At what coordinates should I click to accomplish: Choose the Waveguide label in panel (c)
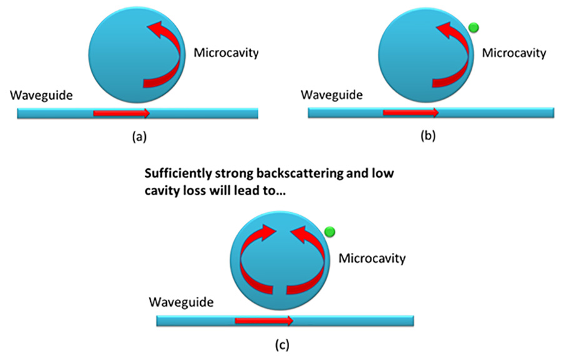coord(181,303)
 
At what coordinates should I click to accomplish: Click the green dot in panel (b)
coord(474,27)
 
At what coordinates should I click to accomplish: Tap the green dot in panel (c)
coord(330,232)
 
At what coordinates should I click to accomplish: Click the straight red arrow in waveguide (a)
coord(121,113)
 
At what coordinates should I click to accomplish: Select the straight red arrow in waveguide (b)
coord(410,113)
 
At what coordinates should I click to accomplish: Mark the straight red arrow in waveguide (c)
coord(263,321)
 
